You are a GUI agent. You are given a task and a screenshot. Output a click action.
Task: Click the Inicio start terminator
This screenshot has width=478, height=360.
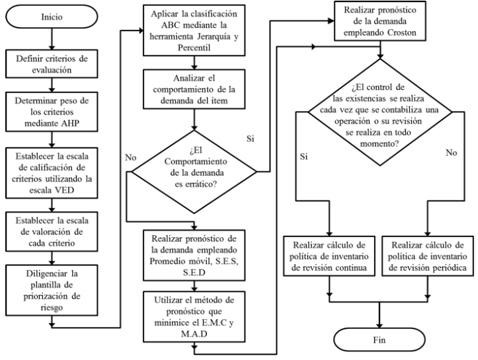(52, 17)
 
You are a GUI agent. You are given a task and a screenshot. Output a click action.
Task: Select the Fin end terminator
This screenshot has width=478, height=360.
(379, 340)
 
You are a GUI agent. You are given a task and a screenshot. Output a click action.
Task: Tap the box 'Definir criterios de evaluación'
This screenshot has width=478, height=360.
(52, 63)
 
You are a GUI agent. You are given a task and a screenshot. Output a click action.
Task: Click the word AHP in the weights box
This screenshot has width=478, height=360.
(69, 124)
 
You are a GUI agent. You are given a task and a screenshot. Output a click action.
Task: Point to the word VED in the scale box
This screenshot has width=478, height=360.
(64, 190)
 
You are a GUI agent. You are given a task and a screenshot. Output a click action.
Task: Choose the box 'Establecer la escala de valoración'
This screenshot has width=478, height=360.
(52, 231)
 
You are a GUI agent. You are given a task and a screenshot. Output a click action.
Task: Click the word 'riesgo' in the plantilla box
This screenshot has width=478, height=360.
(52, 308)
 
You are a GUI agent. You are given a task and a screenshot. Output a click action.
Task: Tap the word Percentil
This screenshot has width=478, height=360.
(194, 48)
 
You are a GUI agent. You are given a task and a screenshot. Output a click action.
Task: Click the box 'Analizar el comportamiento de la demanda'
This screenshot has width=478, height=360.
(194, 89)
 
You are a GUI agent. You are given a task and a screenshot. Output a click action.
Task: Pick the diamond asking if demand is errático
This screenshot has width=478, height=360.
(194, 172)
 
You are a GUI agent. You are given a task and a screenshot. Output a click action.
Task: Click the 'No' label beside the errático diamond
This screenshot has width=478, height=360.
(130, 157)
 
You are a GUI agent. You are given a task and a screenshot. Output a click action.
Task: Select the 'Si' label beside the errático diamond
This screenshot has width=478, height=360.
(251, 139)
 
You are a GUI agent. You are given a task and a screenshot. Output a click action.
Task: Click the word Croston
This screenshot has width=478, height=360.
(402, 32)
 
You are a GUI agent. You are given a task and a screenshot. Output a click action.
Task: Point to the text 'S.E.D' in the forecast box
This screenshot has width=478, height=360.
(194, 273)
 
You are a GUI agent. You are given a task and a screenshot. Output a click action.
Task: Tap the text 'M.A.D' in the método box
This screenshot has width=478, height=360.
(194, 334)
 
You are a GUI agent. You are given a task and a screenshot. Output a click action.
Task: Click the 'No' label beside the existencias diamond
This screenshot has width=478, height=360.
(451, 153)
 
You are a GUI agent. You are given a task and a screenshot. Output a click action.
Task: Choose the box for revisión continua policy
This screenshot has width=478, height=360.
(329, 256)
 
